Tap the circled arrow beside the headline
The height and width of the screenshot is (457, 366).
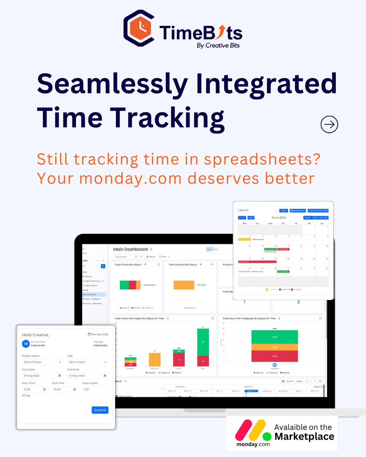click(329, 125)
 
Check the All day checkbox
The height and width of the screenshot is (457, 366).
click(23, 400)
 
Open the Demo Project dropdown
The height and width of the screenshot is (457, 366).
click(42, 362)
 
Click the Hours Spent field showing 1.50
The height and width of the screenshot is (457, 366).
click(95, 389)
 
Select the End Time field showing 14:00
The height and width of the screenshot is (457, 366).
click(65, 389)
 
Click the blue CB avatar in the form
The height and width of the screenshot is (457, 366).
click(26, 344)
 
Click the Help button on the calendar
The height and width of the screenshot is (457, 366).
click(283, 211)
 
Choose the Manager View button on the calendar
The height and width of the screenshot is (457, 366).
click(298, 211)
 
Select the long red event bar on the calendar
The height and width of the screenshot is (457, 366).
click(257, 262)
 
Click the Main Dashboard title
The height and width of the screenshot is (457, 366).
click(130, 249)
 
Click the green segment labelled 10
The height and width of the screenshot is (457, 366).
click(203, 342)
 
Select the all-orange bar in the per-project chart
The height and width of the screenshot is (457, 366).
click(154, 360)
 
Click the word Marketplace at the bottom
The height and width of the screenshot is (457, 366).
click(305, 436)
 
